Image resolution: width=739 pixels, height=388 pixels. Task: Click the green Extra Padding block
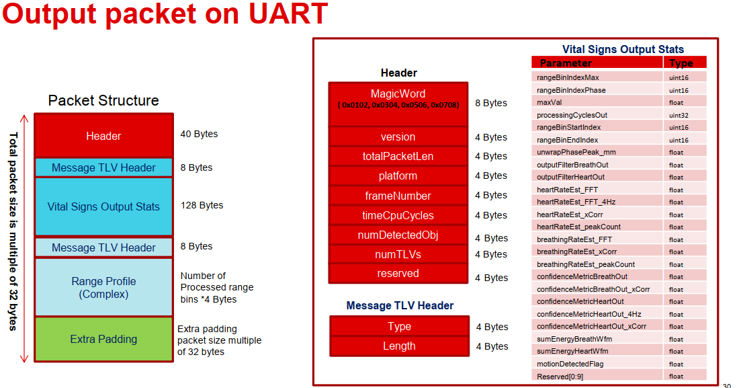[x=103, y=340]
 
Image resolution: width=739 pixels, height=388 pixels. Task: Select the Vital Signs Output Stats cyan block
[x=103, y=206]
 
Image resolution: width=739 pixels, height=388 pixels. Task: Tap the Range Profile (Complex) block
[x=103, y=287]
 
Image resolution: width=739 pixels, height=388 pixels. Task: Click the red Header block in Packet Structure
[x=103, y=135]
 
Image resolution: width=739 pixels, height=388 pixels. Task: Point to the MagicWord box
[x=398, y=104]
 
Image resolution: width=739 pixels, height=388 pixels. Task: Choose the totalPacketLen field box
[x=398, y=156]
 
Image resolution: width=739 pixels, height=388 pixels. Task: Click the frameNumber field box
[x=398, y=196]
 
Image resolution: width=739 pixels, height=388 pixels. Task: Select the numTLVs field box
[x=398, y=254]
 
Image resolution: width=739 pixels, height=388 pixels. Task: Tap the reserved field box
[x=398, y=274]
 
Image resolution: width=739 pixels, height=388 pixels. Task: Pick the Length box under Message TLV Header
[x=399, y=346]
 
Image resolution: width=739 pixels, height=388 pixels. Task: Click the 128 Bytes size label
[x=202, y=205]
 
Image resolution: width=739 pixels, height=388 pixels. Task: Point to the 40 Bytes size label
[x=199, y=134]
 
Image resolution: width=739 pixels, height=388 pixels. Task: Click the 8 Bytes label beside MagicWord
[x=491, y=103]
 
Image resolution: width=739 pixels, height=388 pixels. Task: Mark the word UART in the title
[x=288, y=13]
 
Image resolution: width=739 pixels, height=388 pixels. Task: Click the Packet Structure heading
[x=103, y=101]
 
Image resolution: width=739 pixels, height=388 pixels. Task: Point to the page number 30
[x=726, y=385]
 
